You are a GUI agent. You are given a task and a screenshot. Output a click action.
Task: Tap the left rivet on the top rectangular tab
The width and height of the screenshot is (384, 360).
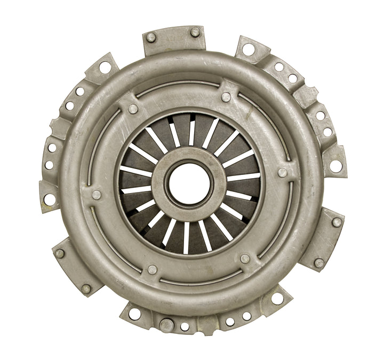tap(151, 37)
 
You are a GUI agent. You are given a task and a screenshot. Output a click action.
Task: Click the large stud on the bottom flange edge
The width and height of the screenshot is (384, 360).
tap(166, 324)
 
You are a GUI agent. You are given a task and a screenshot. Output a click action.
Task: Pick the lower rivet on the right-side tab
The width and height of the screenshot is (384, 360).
tap(318, 262)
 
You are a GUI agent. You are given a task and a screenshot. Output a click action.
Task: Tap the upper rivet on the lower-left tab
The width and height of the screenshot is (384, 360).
tap(60, 253)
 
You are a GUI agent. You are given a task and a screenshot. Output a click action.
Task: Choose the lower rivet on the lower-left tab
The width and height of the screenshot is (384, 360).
tap(86, 289)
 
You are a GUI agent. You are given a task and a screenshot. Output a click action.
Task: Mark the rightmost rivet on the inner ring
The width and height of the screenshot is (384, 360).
tap(283, 172)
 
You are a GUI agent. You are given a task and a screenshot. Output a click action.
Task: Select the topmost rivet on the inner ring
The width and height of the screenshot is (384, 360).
tap(226, 97)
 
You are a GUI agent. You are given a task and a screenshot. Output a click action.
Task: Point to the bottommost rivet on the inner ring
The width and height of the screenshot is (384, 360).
tap(153, 269)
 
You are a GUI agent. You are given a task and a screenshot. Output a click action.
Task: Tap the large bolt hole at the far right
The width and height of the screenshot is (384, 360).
tap(335, 166)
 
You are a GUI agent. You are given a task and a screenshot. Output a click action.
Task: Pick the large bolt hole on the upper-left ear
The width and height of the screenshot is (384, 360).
tap(105, 67)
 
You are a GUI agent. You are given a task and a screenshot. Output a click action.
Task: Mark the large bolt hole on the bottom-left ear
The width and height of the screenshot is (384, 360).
tap(135, 313)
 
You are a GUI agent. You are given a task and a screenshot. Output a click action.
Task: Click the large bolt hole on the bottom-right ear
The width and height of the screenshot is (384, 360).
tap(277, 298)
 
